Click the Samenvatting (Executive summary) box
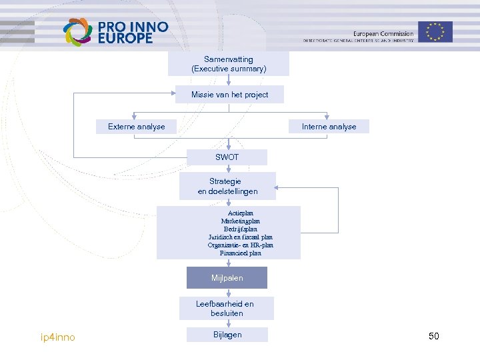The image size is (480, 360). [229, 64]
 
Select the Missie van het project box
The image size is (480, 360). [229, 95]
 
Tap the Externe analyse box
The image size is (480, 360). [137, 127]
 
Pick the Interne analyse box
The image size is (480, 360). [329, 127]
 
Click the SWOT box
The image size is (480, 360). [227, 157]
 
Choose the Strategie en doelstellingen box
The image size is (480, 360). [227, 186]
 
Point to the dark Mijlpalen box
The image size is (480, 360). [227, 277]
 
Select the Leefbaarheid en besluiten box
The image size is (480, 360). [227, 308]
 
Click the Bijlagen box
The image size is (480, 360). [227, 335]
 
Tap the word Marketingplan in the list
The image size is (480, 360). [241, 221]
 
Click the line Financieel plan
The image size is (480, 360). [241, 253]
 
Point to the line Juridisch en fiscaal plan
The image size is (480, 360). [241, 237]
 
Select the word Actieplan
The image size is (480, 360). [241, 213]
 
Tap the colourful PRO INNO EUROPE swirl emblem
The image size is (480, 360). [77, 32]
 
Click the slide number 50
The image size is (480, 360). [434, 336]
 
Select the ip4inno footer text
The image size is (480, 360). [58, 337]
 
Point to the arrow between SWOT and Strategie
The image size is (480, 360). [229, 168]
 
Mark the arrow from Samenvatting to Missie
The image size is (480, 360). [229, 81]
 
